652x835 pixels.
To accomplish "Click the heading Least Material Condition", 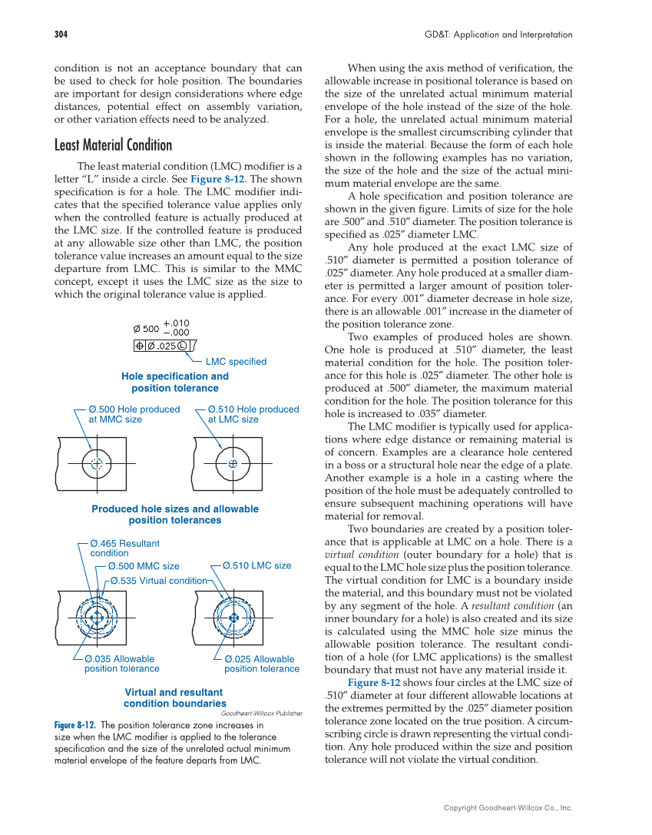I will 113,145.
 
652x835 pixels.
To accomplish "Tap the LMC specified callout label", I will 236,362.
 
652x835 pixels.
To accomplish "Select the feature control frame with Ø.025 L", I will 164,345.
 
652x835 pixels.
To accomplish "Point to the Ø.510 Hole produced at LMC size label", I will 253,414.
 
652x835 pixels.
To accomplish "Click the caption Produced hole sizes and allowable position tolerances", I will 175,515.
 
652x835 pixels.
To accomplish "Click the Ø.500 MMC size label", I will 144,566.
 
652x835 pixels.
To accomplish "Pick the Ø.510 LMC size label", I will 257,565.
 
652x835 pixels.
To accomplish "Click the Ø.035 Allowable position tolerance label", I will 121,664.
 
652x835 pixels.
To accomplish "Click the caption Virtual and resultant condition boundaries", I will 174,697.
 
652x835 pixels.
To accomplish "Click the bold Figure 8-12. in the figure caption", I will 74,725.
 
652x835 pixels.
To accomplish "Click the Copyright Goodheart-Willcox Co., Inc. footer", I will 508,807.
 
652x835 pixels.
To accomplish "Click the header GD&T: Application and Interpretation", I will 498,35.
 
